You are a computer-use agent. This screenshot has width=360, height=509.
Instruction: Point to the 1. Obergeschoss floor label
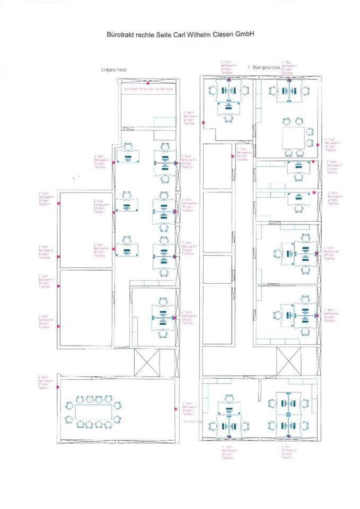[263, 68]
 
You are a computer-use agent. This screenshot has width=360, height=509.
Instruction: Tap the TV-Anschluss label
[191, 421]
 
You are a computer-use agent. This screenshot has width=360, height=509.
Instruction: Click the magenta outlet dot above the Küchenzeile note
[150, 84]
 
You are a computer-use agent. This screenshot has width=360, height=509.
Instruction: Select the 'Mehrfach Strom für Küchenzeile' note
[148, 90]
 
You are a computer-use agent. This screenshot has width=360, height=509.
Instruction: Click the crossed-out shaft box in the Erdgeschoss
[147, 362]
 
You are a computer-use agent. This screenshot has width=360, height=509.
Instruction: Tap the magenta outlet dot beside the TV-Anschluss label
[175, 408]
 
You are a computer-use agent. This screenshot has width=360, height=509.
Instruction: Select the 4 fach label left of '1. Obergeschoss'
[228, 67]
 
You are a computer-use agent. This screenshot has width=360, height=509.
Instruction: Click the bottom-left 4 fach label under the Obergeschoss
[227, 453]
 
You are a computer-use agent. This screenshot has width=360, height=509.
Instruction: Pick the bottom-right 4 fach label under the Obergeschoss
[287, 453]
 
